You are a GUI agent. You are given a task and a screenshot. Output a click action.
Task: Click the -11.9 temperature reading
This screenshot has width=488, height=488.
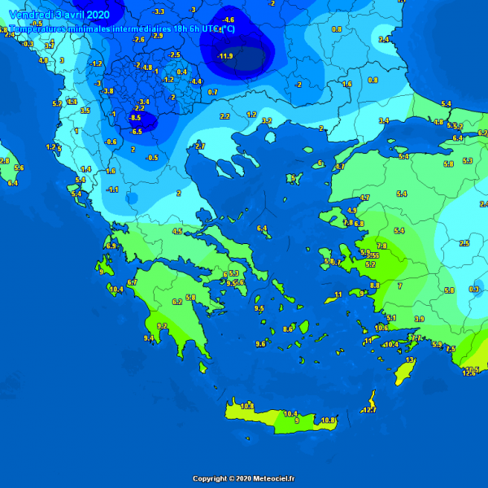point(226,56)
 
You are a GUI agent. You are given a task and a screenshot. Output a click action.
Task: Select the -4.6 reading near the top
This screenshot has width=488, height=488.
point(229,20)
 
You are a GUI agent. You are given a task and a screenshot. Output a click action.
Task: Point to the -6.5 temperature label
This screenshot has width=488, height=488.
point(137,132)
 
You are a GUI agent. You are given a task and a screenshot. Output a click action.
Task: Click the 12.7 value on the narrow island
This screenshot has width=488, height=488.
point(369,410)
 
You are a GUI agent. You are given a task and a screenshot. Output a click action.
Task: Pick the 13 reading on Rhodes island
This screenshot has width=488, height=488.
point(410,359)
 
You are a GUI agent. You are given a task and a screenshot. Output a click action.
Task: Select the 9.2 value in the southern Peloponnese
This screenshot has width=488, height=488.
point(162,326)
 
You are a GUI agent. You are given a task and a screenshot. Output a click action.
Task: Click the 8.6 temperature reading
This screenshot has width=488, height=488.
point(287,329)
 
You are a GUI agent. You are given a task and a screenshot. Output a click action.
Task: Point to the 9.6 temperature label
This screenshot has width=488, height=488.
point(260,344)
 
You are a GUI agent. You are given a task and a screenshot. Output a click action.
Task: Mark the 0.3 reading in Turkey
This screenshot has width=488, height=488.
point(474,290)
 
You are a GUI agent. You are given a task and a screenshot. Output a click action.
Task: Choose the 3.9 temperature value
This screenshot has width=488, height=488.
point(419,319)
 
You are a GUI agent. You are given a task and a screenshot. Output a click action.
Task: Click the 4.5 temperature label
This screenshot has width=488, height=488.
point(176,231)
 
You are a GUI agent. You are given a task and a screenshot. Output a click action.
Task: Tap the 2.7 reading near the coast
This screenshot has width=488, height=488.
point(200,146)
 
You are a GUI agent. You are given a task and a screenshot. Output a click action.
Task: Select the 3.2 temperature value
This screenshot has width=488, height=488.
point(266,120)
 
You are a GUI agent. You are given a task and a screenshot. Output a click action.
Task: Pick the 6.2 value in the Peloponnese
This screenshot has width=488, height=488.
point(176,302)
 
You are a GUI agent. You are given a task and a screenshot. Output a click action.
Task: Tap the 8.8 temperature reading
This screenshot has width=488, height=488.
point(374,285)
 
